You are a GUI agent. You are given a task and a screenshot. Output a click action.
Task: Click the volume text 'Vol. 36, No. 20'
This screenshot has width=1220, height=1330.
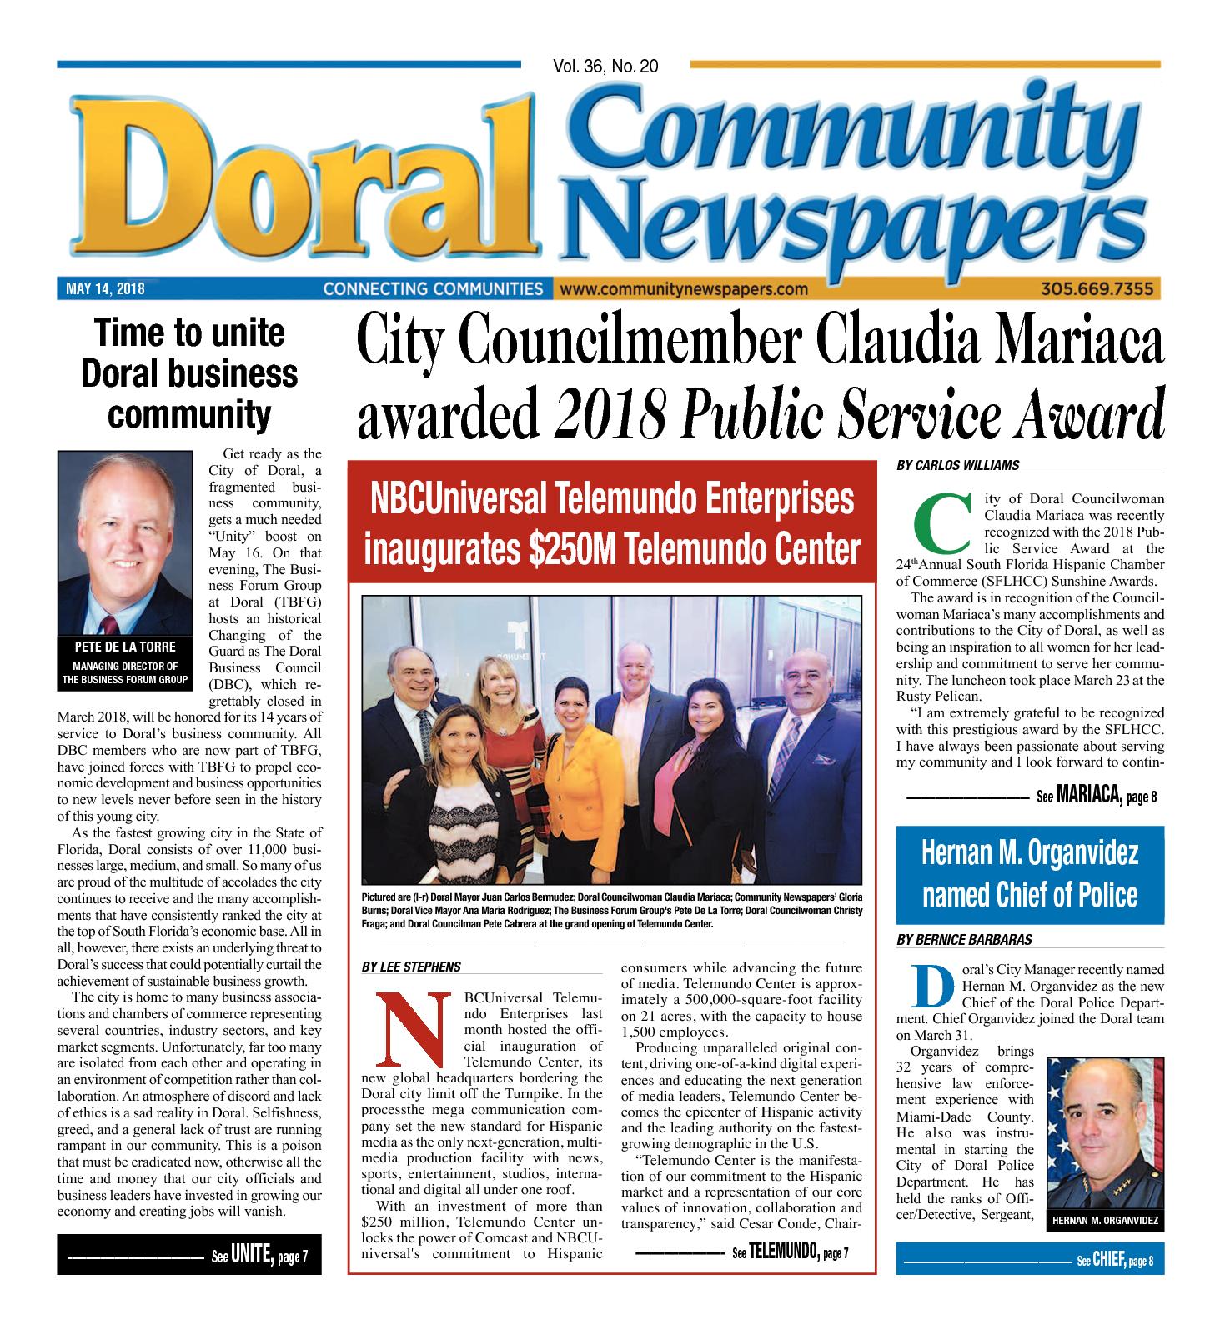coord(605,67)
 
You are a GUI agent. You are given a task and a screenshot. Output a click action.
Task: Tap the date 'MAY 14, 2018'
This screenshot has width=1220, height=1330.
coord(105,289)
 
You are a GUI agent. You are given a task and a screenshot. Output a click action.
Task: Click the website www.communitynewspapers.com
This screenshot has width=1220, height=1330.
coord(685,289)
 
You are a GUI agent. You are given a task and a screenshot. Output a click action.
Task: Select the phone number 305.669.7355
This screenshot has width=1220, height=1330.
coord(1097,289)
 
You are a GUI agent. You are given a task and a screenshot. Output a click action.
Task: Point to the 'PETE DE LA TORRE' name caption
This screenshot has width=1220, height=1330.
coord(125,647)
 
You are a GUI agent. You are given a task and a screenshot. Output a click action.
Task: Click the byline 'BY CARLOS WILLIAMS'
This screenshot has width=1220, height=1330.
coord(957,465)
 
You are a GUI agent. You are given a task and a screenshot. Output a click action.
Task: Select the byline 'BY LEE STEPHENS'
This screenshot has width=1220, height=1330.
coord(411,967)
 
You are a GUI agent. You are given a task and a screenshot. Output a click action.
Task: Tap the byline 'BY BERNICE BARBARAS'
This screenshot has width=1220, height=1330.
coord(964,940)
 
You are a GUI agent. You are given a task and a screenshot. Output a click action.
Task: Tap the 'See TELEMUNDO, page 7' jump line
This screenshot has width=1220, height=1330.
coord(789,1252)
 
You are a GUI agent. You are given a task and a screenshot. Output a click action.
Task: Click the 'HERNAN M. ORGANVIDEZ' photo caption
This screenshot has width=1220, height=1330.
coord(1105,1221)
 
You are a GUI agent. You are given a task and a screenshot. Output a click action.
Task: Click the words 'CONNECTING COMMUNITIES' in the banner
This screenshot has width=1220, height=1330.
coord(433,289)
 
